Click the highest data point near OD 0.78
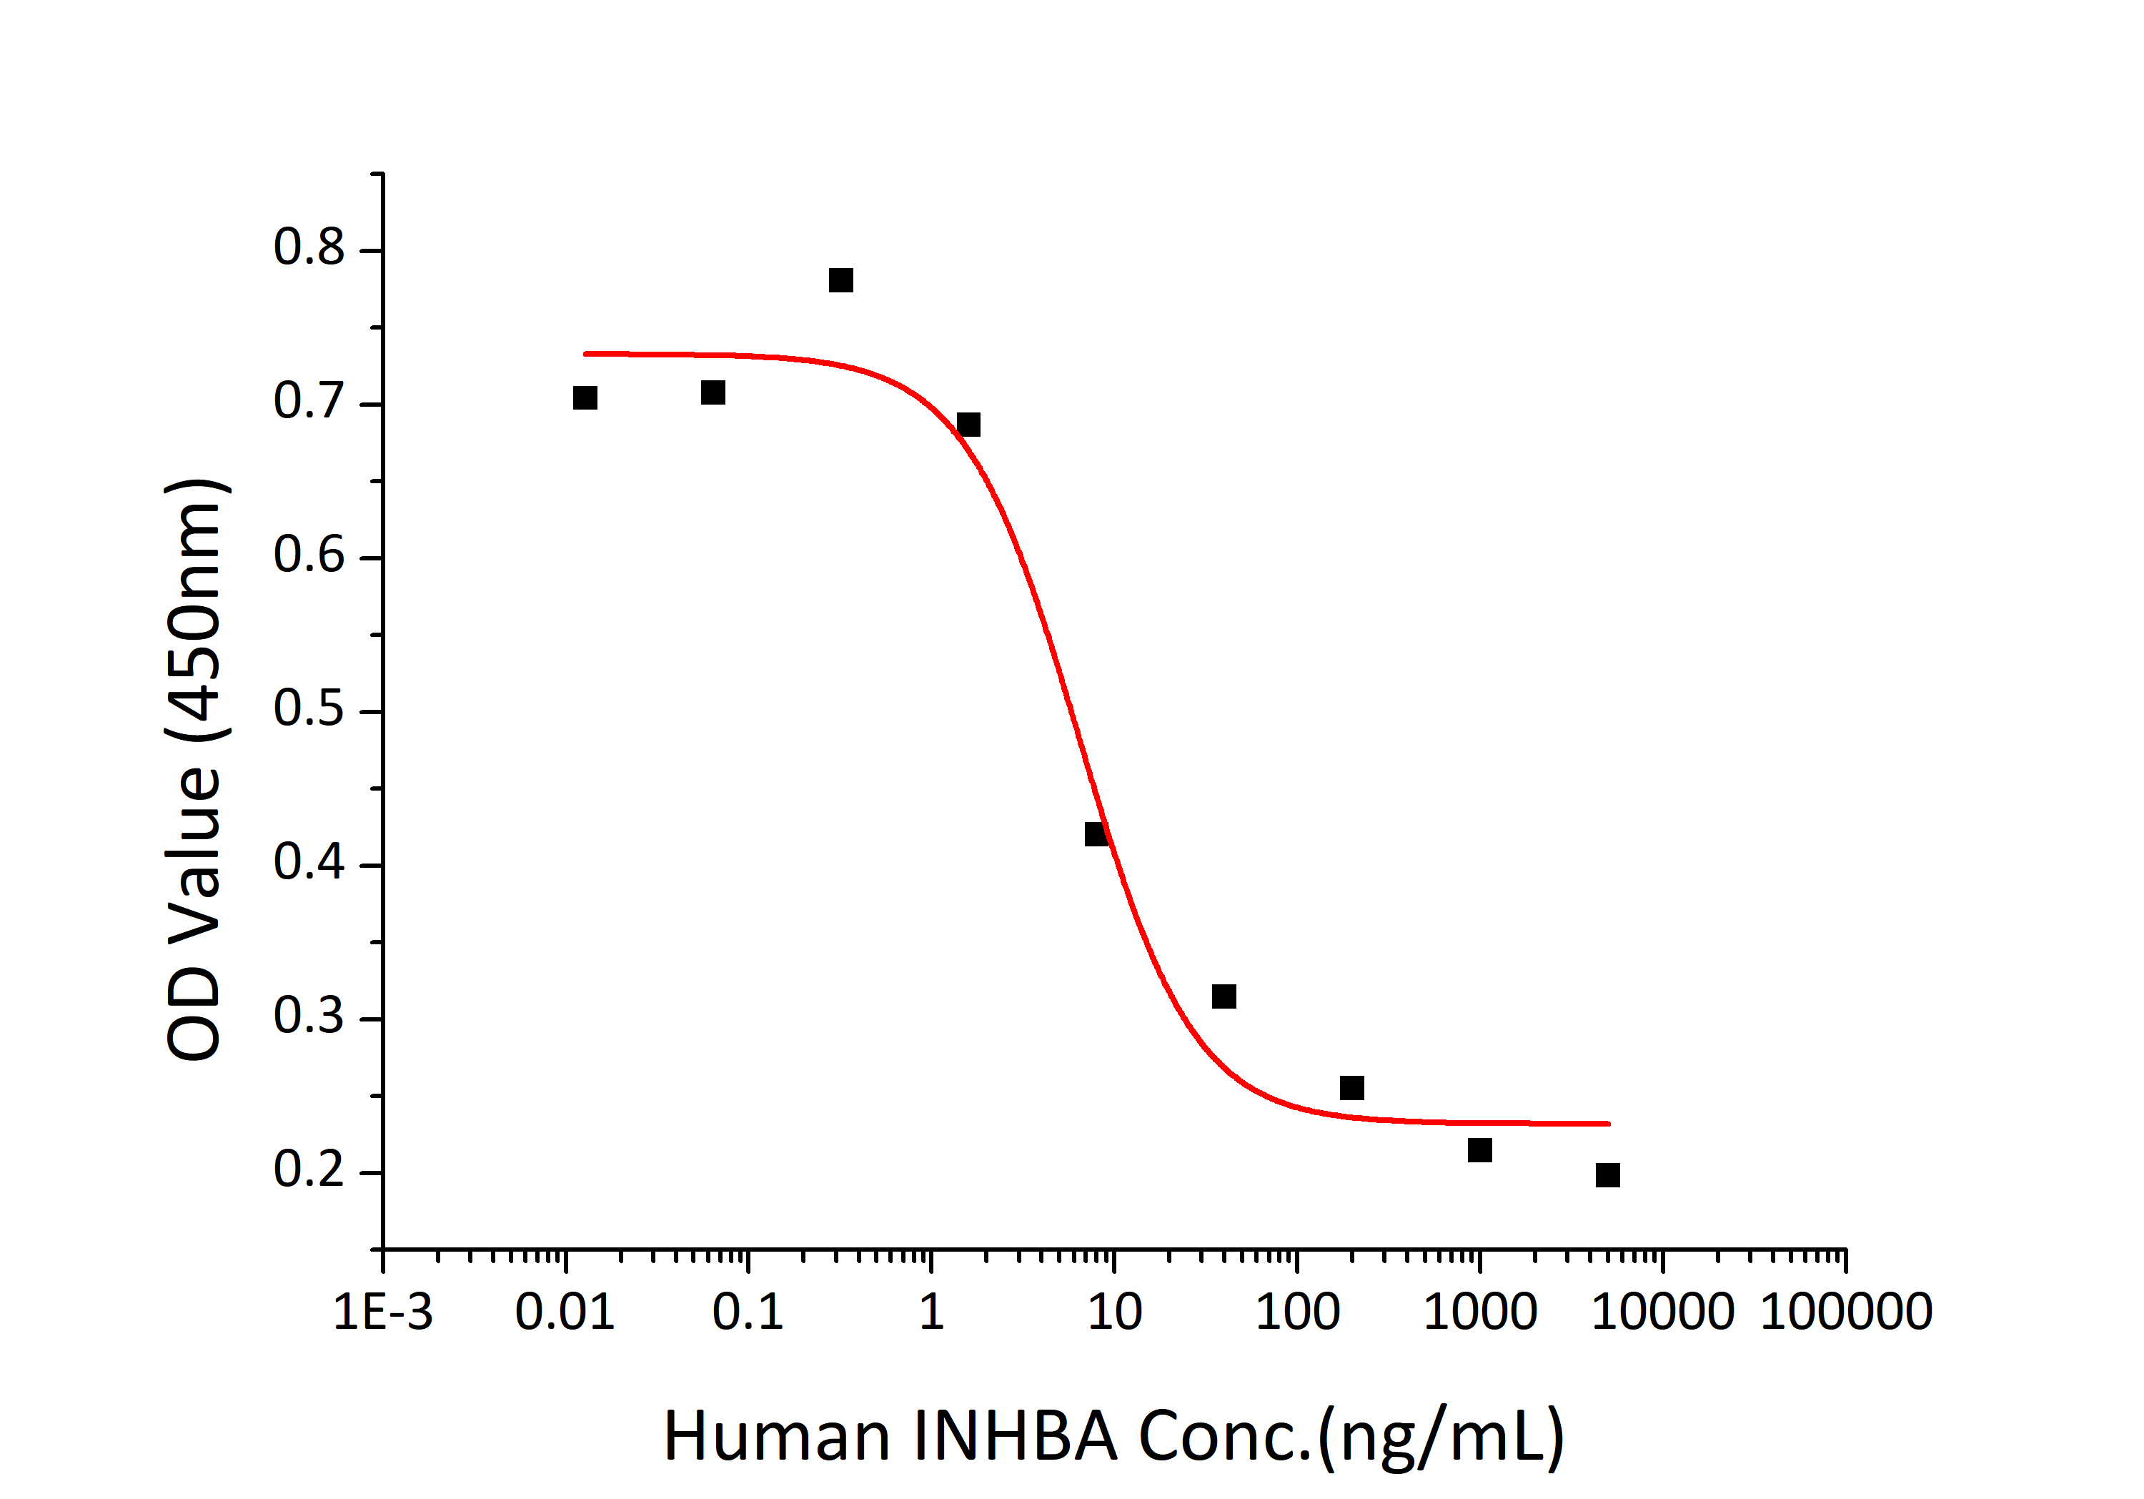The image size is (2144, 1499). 840,280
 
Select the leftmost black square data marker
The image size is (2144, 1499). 585,398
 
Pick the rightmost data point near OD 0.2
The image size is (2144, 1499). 1607,1175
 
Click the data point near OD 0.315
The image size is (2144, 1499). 1224,996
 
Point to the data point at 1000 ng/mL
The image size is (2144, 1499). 1479,1149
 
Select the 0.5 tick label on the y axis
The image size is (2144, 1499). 309,709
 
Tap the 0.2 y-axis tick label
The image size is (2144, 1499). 309,1169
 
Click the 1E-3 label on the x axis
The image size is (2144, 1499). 383,1312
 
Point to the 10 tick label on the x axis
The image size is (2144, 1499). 1114,1312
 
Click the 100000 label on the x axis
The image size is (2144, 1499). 1845,1312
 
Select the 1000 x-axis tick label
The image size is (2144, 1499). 1479,1312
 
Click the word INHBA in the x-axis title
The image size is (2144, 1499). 1015,1436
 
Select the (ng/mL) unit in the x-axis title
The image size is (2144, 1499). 1440,1436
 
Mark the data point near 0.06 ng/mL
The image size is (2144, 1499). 713,392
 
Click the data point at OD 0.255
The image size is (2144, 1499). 1351,1088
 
